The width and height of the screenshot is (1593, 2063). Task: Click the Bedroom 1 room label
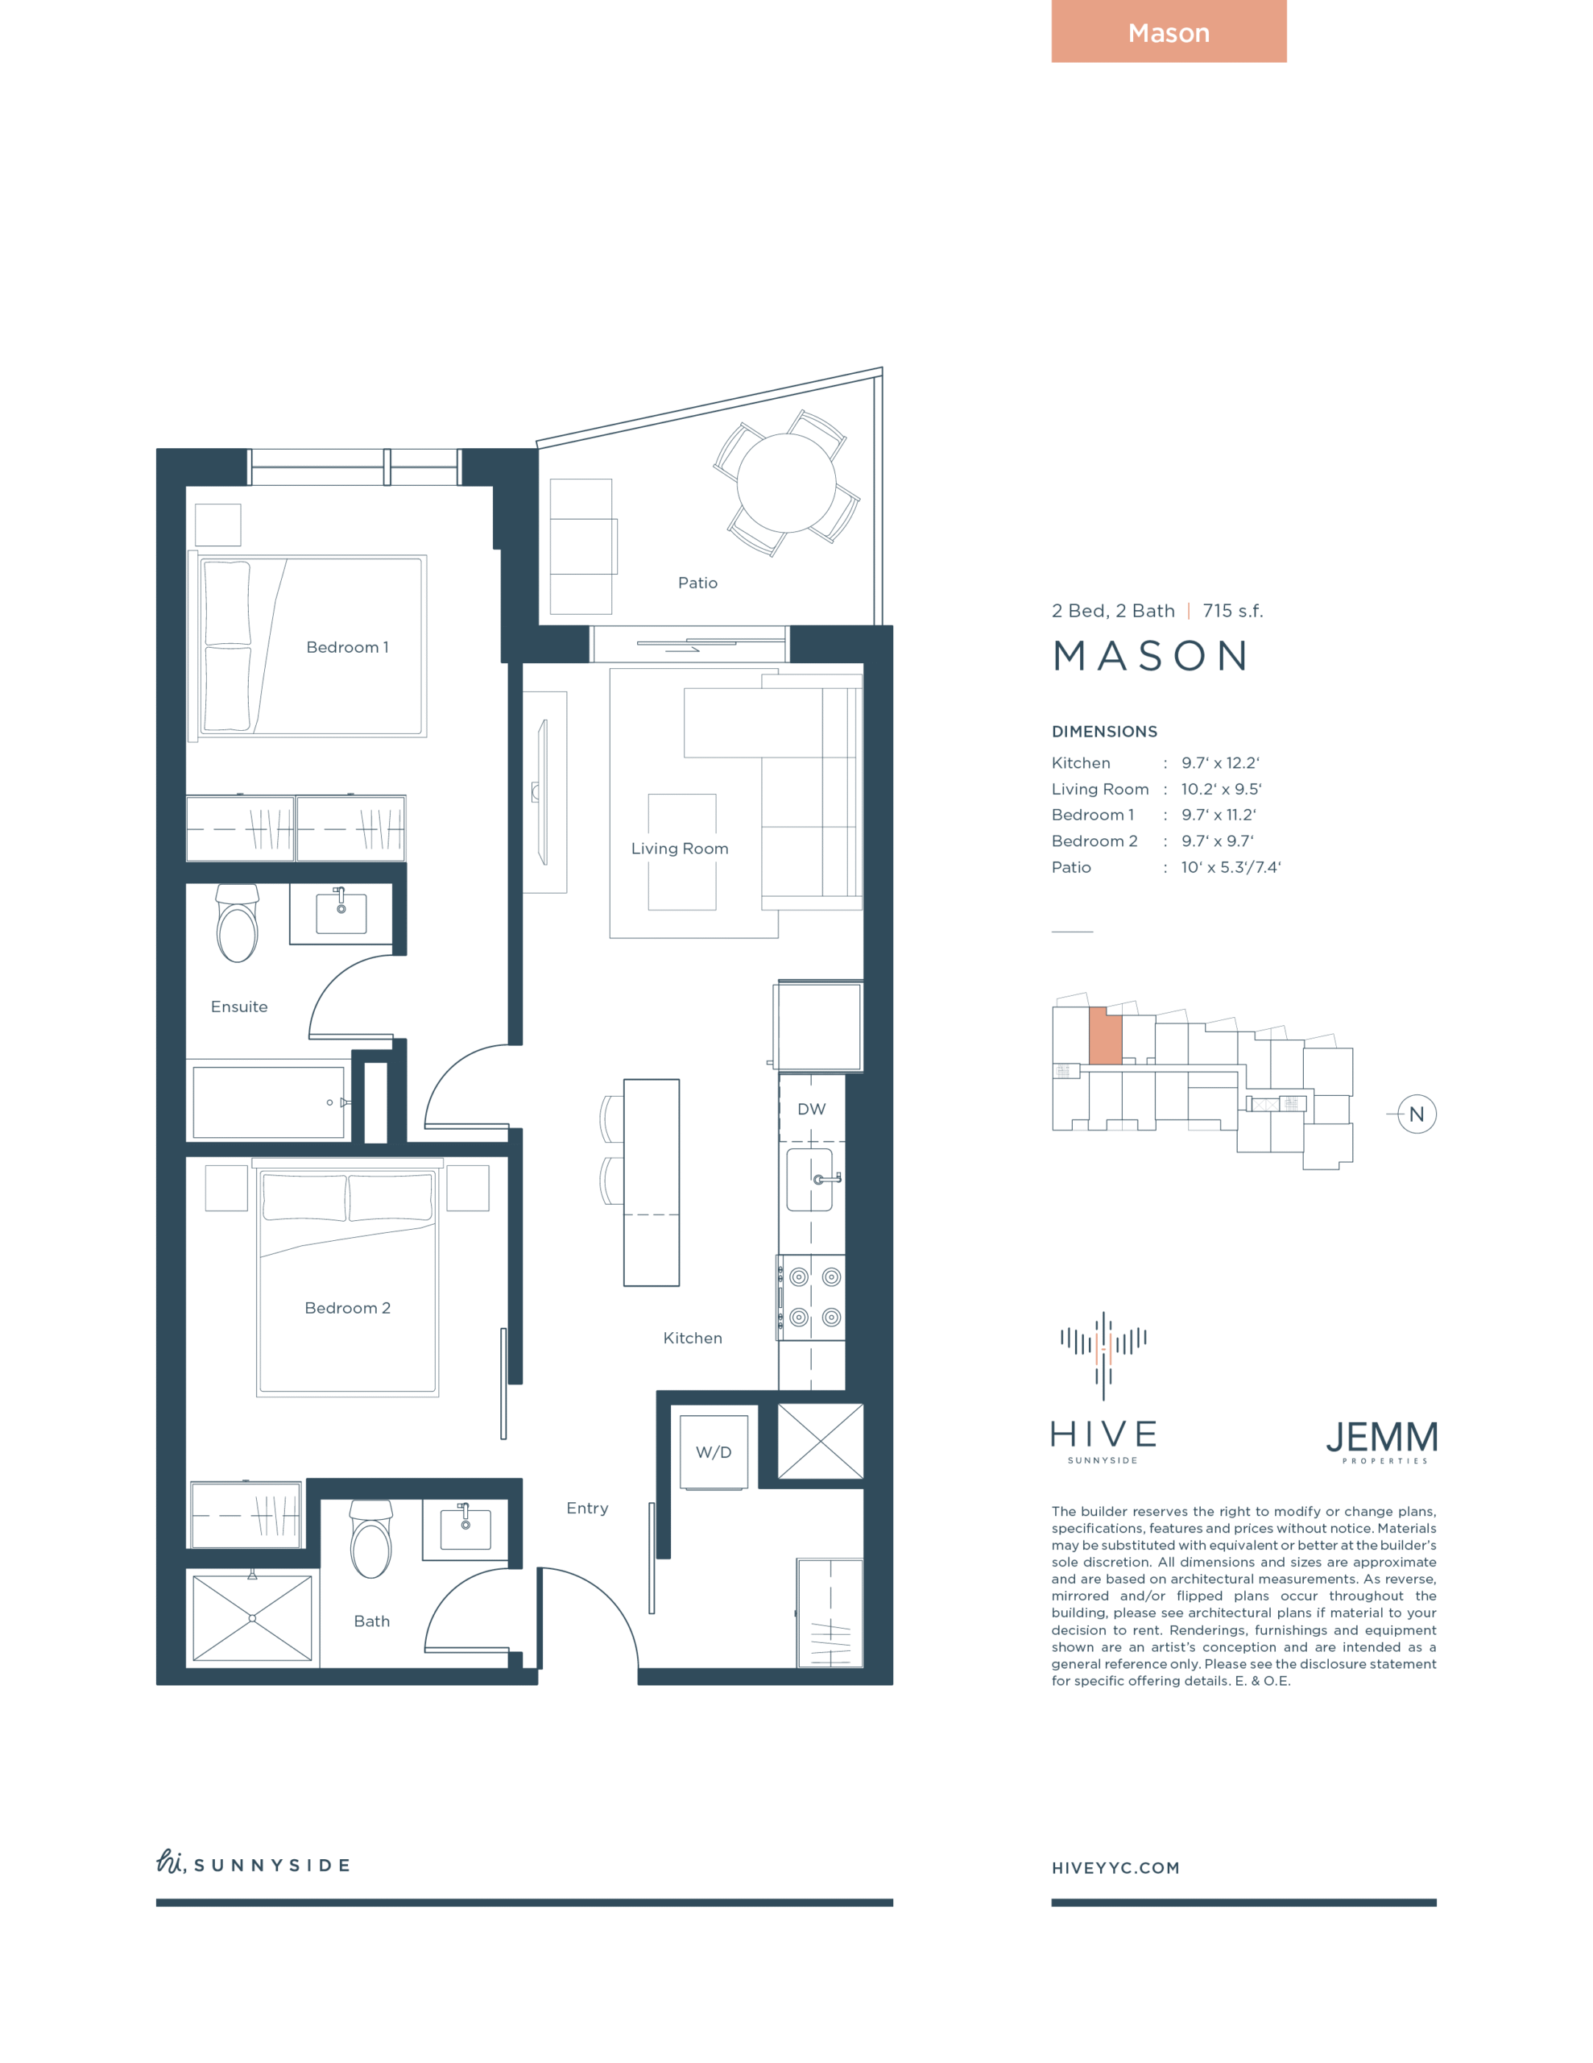click(347, 647)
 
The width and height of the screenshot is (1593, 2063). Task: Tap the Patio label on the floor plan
click(697, 583)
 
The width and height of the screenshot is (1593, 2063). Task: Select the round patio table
click(787, 483)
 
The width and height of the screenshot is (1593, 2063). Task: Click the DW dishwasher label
click(811, 1109)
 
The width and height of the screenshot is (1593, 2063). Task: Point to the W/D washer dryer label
click(714, 1452)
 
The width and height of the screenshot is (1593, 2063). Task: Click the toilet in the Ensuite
click(237, 923)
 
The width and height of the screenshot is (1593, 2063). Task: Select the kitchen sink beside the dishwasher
click(810, 1180)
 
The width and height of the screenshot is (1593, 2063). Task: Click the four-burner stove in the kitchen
click(812, 1297)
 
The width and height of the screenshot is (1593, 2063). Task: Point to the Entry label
click(587, 1509)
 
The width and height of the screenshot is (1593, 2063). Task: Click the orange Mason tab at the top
click(1169, 31)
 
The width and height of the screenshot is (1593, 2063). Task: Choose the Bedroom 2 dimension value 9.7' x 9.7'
click(1217, 841)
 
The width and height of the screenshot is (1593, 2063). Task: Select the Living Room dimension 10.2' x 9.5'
click(1221, 789)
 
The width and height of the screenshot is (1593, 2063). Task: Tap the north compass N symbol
click(1417, 1114)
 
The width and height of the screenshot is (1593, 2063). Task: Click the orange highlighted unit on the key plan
click(1106, 1036)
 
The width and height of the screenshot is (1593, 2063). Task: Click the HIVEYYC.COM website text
click(1116, 1867)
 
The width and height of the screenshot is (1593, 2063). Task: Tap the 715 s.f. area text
click(1232, 611)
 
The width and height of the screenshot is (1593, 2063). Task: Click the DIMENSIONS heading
click(1105, 731)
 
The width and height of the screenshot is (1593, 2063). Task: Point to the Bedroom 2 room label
click(347, 1307)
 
